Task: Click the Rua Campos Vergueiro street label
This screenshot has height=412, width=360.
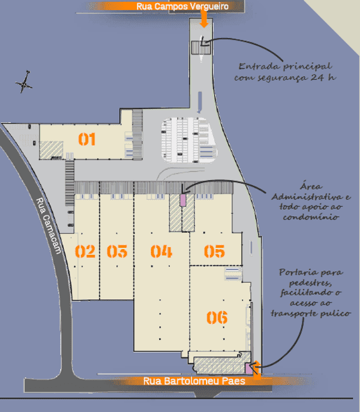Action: [183, 6]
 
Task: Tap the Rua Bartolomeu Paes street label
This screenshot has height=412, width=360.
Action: [194, 381]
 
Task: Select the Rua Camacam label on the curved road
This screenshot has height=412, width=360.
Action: [48, 226]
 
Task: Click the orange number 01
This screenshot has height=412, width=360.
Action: [87, 139]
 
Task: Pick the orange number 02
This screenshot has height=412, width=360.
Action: [85, 251]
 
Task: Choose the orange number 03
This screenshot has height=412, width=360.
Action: [117, 251]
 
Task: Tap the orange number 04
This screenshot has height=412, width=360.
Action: [162, 251]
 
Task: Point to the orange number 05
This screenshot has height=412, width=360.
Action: [214, 251]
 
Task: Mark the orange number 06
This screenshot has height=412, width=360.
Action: [217, 318]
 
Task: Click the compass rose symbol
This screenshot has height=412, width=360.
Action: [24, 82]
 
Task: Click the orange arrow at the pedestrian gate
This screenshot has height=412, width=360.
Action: [257, 370]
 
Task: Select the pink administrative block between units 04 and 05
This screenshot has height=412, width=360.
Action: [183, 200]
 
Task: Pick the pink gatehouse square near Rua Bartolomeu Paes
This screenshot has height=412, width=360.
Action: [248, 368]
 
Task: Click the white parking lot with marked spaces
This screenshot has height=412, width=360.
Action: [190, 140]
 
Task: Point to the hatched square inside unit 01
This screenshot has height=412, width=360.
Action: [51, 150]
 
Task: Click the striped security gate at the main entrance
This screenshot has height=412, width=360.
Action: [201, 48]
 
